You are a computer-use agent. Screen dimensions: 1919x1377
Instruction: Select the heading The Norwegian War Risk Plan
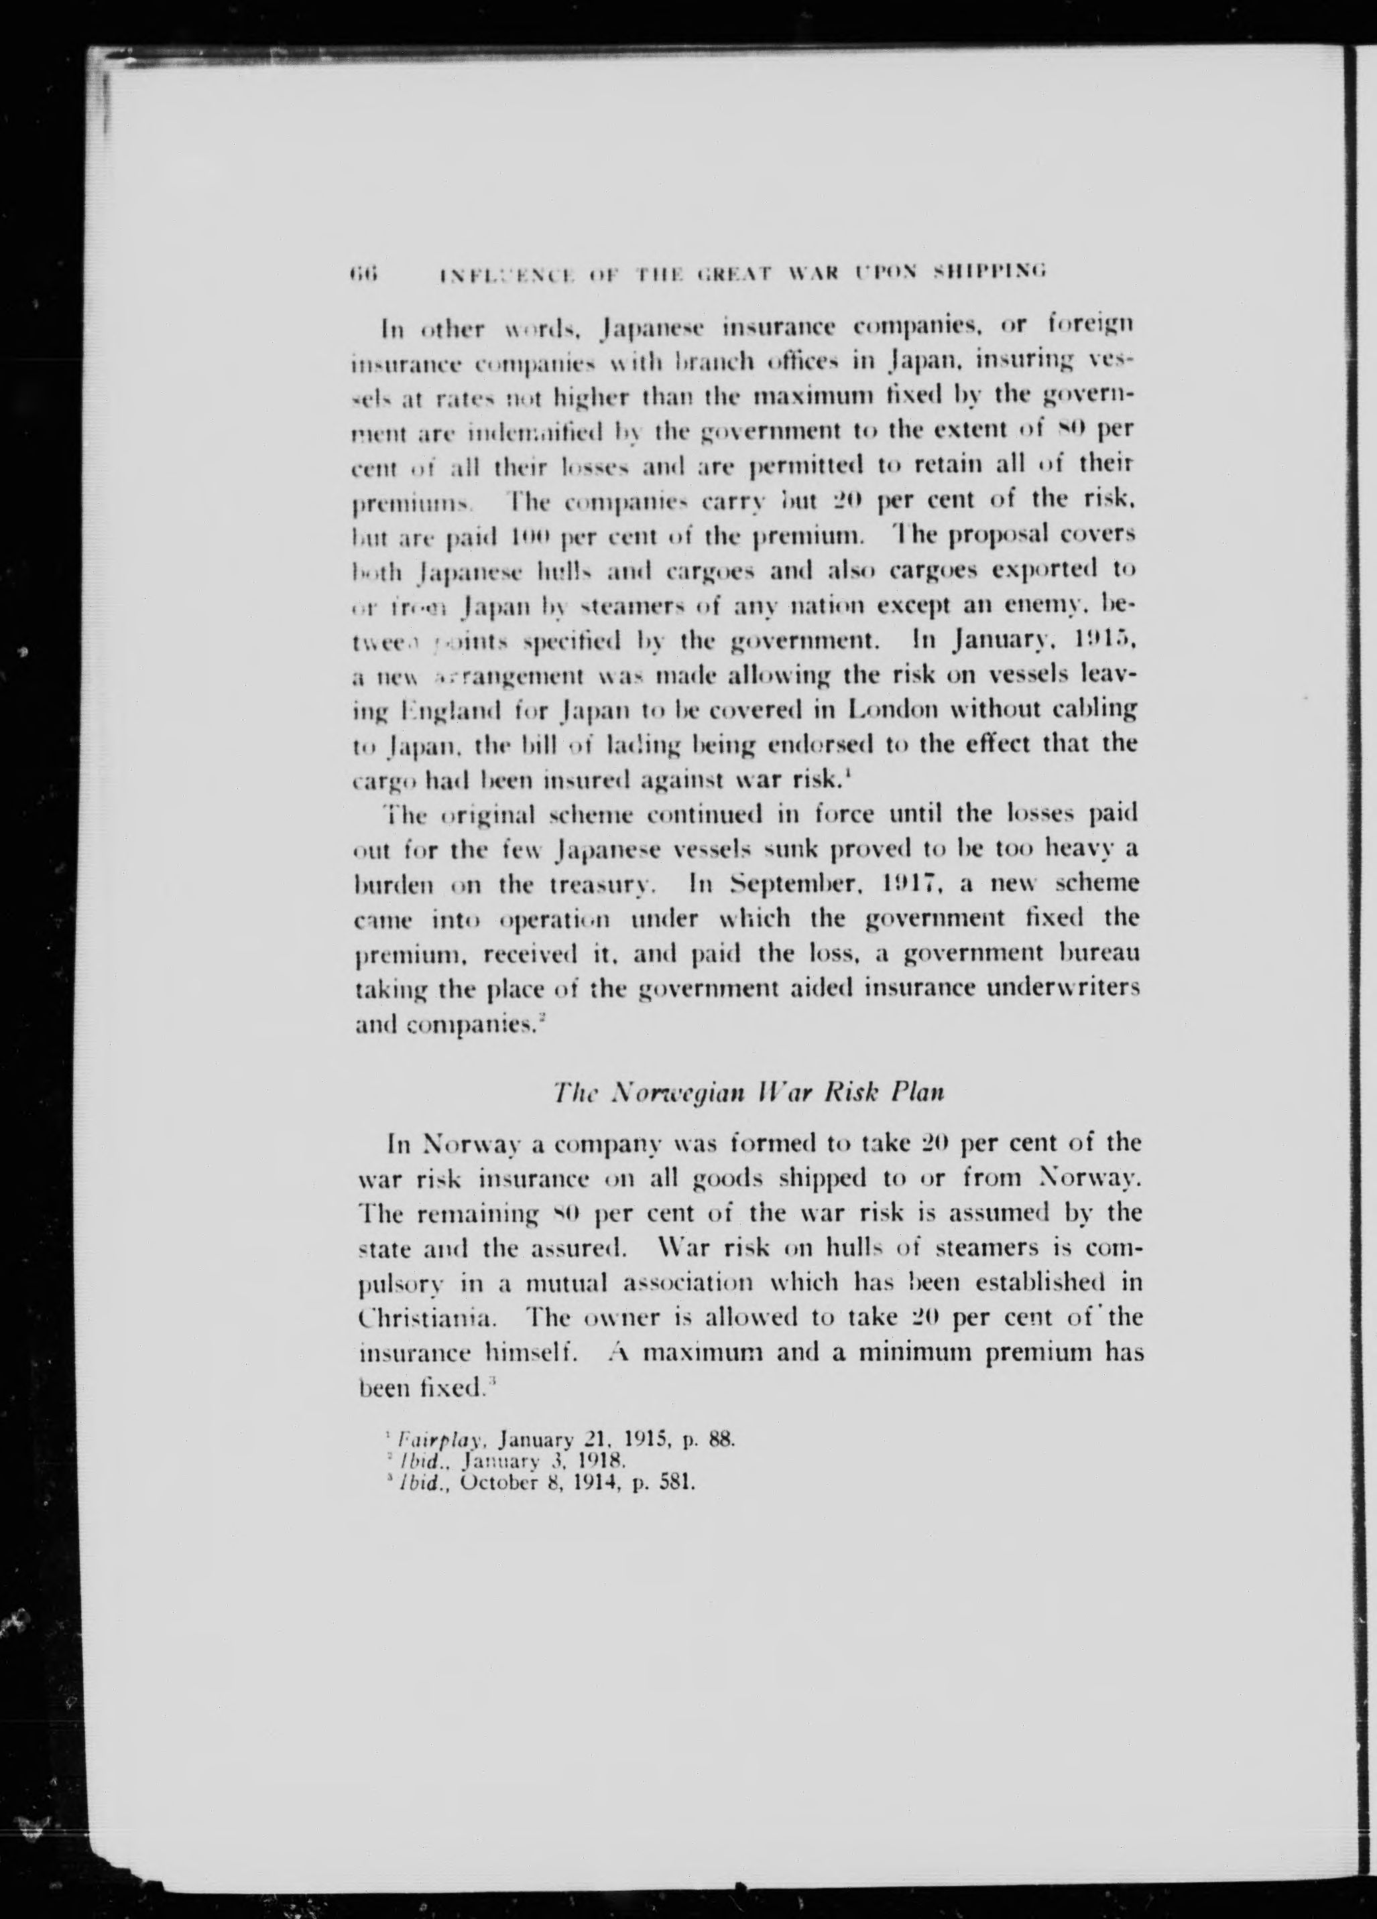point(747,1092)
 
